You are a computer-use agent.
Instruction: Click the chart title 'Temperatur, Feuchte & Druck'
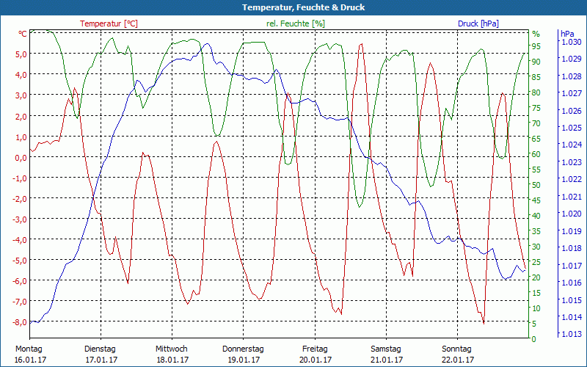point(293,7)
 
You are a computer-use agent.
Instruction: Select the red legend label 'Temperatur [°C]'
point(109,23)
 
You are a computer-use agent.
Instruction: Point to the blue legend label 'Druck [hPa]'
point(478,23)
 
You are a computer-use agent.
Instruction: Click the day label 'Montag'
point(29,349)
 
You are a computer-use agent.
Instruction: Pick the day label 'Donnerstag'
point(243,349)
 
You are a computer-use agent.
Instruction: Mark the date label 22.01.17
point(457,360)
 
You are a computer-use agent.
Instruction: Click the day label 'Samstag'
point(385,349)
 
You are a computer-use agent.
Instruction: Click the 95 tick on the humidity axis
point(536,46)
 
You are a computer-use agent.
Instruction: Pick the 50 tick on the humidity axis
point(536,185)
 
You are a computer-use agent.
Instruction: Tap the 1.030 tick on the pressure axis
point(570,42)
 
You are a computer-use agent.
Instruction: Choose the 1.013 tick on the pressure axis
point(570,334)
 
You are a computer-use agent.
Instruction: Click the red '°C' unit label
point(23,34)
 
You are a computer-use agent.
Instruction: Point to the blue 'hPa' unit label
point(567,34)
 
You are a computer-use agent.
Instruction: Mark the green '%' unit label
point(536,34)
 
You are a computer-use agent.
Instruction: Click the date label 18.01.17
point(172,360)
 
